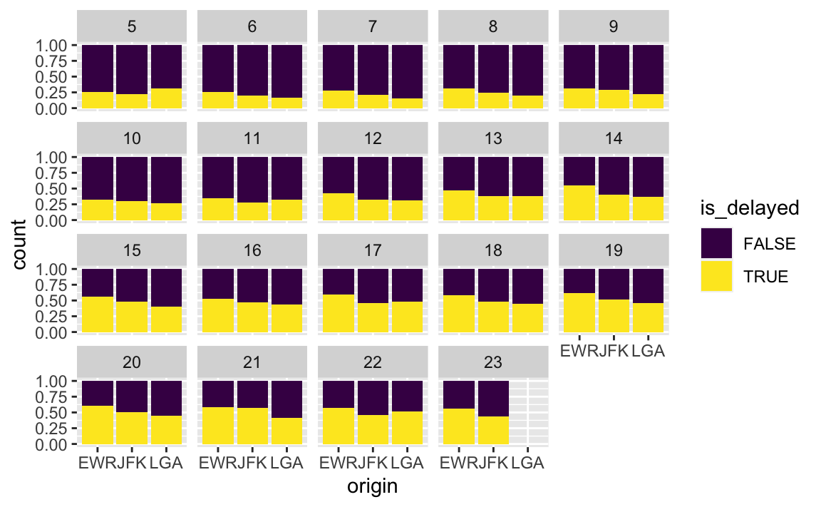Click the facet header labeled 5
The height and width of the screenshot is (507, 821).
point(132,26)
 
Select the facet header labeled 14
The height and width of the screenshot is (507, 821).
point(614,138)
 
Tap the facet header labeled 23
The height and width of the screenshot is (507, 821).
point(493,362)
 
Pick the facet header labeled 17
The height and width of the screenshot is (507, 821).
point(373,250)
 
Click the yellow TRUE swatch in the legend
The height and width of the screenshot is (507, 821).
point(716,276)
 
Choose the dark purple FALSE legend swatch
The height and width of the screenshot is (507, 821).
point(716,244)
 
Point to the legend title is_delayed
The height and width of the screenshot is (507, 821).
point(750,208)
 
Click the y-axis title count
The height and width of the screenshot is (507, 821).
point(19,245)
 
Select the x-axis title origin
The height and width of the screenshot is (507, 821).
point(372,486)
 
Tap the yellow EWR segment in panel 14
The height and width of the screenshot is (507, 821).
point(579,203)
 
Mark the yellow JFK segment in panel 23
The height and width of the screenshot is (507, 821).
point(493,430)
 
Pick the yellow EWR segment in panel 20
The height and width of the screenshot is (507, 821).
point(98,425)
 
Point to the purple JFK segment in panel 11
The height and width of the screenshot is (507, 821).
point(252,180)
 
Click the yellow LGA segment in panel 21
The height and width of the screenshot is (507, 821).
point(287,431)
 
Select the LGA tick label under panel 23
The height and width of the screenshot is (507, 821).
point(528,463)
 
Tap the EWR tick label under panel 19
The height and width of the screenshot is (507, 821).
point(578,351)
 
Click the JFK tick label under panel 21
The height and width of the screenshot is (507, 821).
point(252,463)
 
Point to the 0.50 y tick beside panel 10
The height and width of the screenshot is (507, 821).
point(51,188)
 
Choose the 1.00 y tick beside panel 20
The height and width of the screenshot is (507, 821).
point(51,381)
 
